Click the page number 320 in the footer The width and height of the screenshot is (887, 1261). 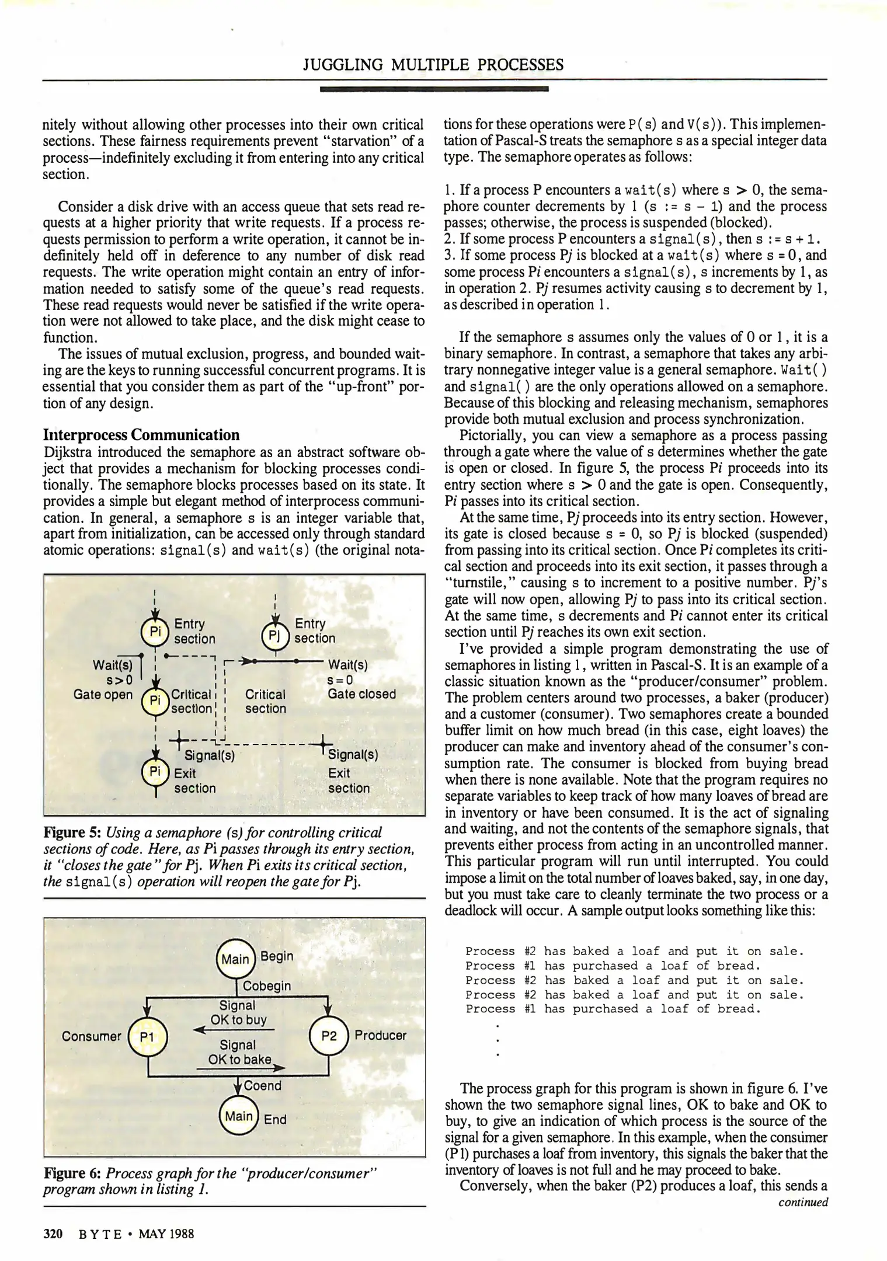pos(53,1234)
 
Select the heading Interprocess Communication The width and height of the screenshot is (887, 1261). pos(141,435)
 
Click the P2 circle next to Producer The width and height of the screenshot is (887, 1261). pos(329,1036)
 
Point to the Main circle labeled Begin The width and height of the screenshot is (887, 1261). pos(235,959)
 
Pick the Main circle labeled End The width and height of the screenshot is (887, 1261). pos(238,1116)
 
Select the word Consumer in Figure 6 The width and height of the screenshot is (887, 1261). pos(91,1036)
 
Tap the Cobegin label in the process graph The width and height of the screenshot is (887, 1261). pos(266,986)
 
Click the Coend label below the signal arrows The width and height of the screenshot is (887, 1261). pos(262,1085)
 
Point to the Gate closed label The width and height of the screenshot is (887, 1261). pos(361,694)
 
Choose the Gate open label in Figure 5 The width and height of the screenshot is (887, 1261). pos(103,695)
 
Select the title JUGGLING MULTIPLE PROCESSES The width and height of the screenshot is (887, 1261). pos(433,65)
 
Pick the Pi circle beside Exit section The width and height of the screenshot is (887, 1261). pos(155,772)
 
